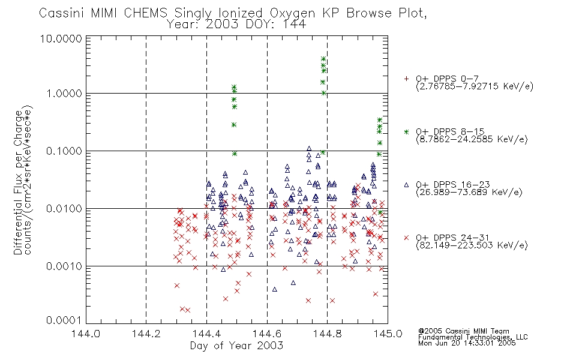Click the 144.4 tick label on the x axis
[x=207, y=334]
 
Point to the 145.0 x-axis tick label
[x=388, y=334]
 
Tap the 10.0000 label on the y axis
[x=61, y=38]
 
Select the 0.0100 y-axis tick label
[x=64, y=209]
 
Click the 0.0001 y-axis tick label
[x=64, y=320]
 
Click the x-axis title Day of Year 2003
[x=236, y=346]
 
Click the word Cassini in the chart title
[x=61, y=13]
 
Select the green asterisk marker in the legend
[x=406, y=131]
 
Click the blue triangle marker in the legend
[x=406, y=185]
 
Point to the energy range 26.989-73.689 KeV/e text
[x=469, y=193]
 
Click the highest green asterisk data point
[x=323, y=59]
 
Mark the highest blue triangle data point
[x=309, y=148]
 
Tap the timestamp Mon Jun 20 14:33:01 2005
[x=467, y=343]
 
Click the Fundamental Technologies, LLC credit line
[x=473, y=337]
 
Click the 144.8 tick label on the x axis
[x=328, y=334]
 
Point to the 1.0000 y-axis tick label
[x=64, y=94]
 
